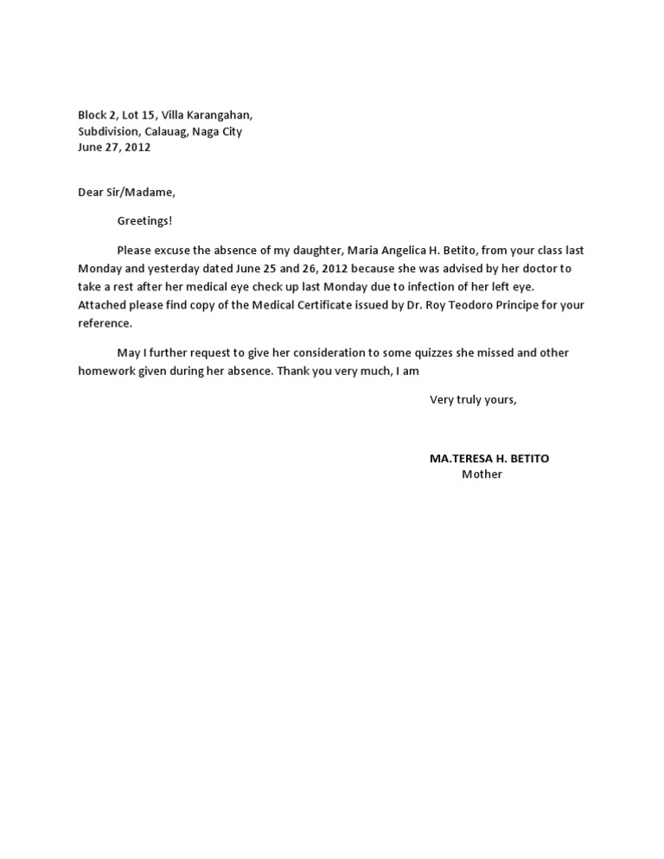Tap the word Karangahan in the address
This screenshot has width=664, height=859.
[220, 115]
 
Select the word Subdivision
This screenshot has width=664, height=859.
[109, 131]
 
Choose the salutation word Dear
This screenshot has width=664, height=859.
[91, 193]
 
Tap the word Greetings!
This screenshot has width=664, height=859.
[145, 221]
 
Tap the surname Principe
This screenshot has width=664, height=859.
[514, 305]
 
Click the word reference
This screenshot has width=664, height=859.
[105, 323]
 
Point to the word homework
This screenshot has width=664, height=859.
[106, 372]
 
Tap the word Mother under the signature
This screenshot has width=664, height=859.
[482, 474]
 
